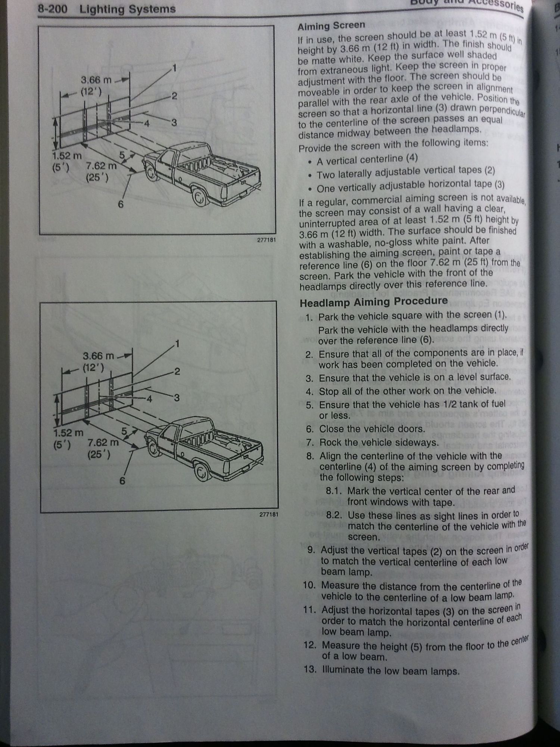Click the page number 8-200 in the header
pos(52,9)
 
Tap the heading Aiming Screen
pos(331,26)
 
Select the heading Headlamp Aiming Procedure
pos(374,302)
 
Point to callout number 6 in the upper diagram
pos(121,204)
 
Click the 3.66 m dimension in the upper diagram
pos(96,80)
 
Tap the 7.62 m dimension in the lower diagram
pos(103,443)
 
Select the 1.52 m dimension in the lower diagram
pos(68,433)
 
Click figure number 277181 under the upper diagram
pos(266,240)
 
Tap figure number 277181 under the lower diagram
pos(269,514)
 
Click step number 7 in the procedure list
pos(309,443)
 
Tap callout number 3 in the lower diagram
pos(177,398)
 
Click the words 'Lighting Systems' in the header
pos(127,9)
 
